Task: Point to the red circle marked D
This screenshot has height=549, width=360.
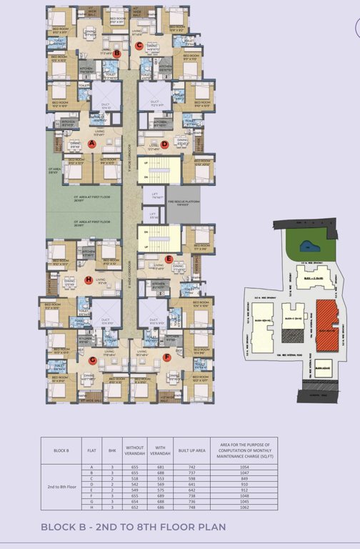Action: [164, 144]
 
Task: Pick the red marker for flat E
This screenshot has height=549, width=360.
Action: [169, 259]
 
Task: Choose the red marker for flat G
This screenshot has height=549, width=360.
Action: [92, 360]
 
